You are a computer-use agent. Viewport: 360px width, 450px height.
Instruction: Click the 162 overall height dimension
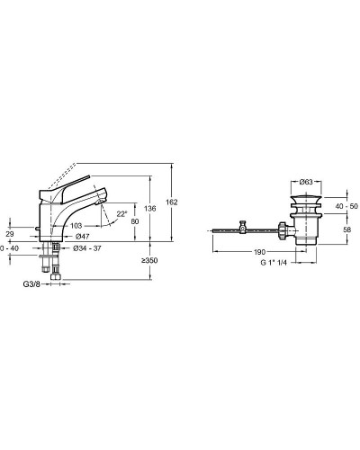(x=172, y=202)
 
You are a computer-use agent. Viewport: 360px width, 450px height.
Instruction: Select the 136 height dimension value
(x=150, y=208)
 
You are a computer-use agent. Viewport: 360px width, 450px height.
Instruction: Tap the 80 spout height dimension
(x=135, y=221)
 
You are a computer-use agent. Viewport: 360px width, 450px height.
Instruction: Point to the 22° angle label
(x=121, y=214)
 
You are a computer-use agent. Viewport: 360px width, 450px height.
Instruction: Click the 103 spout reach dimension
(x=76, y=226)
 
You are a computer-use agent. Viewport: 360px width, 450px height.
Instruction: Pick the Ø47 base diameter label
(x=83, y=237)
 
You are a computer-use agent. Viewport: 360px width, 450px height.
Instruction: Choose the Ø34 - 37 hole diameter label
(x=87, y=248)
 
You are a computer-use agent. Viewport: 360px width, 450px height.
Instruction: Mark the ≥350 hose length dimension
(x=149, y=261)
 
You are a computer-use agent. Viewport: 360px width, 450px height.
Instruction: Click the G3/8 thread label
(x=31, y=283)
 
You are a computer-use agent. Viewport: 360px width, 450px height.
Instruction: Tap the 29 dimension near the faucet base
(x=10, y=234)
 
